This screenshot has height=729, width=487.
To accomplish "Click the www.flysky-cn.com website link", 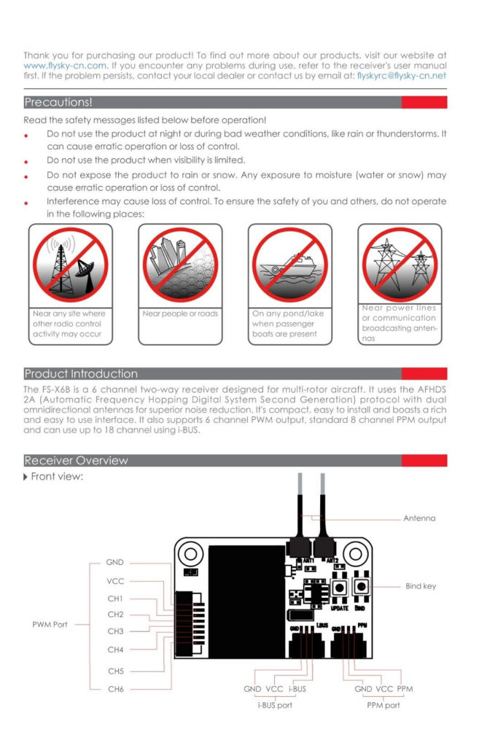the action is click(x=65, y=66).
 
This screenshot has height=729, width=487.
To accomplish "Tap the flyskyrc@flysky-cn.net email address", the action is click(x=402, y=76).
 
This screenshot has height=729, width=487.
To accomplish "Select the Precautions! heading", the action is click(x=58, y=102).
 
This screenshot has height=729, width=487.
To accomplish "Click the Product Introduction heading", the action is click(x=81, y=374).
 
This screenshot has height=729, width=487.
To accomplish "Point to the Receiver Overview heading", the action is click(x=76, y=461).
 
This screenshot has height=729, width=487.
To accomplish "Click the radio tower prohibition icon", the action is click(x=70, y=265).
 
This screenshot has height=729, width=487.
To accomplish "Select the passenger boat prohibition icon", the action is click(x=289, y=265).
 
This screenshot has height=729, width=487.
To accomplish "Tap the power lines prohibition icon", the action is click(x=400, y=265).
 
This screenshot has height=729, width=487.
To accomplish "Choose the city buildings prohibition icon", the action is click(x=180, y=265).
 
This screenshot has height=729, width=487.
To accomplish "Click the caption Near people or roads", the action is click(x=180, y=313).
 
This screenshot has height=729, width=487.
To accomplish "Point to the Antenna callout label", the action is click(x=419, y=518).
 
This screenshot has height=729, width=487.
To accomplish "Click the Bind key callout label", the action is click(x=421, y=586).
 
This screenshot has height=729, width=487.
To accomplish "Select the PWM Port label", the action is click(x=50, y=625).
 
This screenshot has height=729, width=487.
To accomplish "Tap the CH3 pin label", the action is click(x=115, y=631).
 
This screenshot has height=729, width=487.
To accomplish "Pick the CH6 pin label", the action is click(x=116, y=689).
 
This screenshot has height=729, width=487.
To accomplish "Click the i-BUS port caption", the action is click(x=275, y=705).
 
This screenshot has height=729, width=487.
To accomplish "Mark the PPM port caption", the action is click(x=383, y=705).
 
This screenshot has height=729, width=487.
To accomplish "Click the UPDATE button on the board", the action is click(x=340, y=588).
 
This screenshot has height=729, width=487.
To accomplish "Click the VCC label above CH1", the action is click(x=115, y=581).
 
